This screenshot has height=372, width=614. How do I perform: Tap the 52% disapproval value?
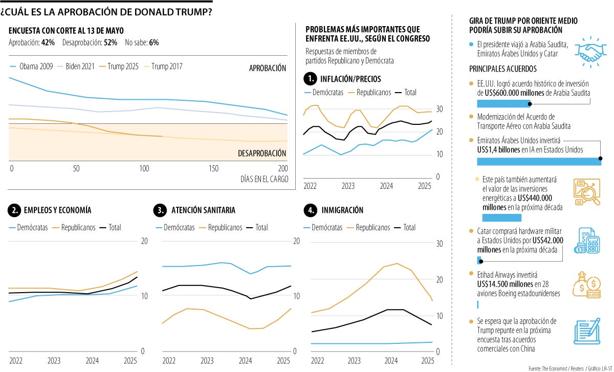111,43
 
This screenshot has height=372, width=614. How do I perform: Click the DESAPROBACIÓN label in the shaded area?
262,154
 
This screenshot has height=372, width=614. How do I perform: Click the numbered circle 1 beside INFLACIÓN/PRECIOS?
310,79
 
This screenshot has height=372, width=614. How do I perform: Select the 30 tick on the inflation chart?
440,108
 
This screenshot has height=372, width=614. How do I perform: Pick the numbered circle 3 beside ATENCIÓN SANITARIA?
160,210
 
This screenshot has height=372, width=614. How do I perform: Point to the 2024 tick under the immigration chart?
390,361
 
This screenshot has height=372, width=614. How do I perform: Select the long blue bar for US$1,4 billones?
539,161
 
